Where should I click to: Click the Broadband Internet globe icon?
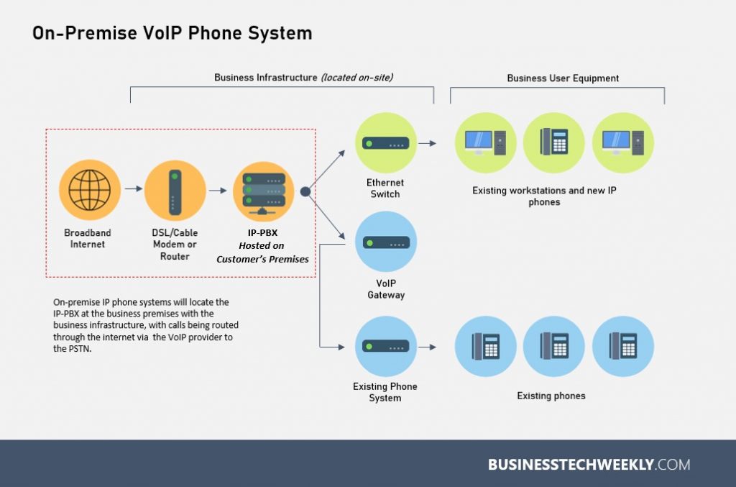90,191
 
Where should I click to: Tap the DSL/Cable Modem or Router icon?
175,191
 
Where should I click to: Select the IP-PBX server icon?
263,191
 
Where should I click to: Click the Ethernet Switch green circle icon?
386,143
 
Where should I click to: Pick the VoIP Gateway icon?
386,242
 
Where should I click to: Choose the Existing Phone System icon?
386,347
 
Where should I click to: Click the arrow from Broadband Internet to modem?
133,190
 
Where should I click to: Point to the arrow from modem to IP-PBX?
218,191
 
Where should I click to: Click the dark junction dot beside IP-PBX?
305,192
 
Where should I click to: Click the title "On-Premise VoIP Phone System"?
172,33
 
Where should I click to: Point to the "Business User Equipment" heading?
563,78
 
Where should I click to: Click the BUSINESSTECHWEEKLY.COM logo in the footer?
589,464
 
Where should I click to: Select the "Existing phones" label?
551,396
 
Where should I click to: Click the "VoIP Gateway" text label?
386,289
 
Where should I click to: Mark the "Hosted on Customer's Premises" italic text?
262,252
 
